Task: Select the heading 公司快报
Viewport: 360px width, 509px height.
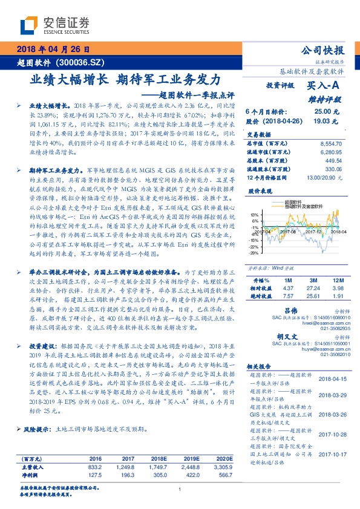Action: [327, 51]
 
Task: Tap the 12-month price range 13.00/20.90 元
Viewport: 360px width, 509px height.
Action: [322, 176]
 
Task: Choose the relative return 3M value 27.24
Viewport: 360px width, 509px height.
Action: [313, 288]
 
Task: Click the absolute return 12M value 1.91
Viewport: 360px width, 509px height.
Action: [337, 296]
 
